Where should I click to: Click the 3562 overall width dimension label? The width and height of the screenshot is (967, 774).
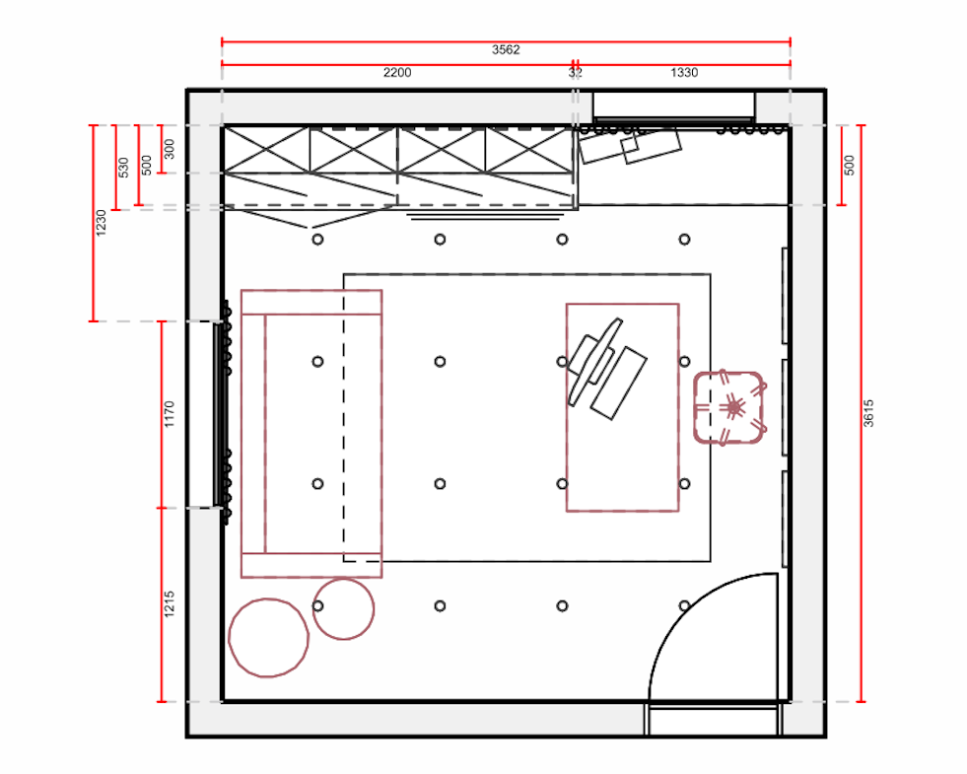pyautogui.click(x=506, y=50)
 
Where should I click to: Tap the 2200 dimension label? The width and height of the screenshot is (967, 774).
pyautogui.click(x=397, y=73)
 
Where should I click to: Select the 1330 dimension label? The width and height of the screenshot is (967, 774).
pyautogui.click(x=684, y=73)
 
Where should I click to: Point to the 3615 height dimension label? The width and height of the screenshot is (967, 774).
pyautogui.click(x=868, y=413)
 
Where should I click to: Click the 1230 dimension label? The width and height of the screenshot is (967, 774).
pyautogui.click(x=102, y=223)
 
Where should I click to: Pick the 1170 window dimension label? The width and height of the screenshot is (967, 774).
pyautogui.click(x=170, y=414)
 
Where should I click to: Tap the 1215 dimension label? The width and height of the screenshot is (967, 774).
pyautogui.click(x=170, y=604)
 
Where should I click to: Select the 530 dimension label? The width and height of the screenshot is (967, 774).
pyautogui.click(x=123, y=168)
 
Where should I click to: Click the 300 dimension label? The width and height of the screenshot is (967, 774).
pyautogui.click(x=170, y=149)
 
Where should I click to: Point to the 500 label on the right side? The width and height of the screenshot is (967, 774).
pyautogui.click(x=850, y=166)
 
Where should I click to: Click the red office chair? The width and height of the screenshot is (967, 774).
pyautogui.click(x=730, y=407)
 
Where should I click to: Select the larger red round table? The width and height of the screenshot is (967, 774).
pyautogui.click(x=268, y=638)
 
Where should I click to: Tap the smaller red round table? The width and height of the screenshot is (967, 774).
pyautogui.click(x=343, y=608)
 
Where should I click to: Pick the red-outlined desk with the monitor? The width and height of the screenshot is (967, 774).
pyautogui.click(x=623, y=407)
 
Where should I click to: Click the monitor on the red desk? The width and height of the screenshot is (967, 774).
pyautogui.click(x=595, y=361)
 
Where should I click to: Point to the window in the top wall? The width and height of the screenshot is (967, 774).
pyautogui.click(x=674, y=107)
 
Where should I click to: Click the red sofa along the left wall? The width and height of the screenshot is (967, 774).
pyautogui.click(x=311, y=434)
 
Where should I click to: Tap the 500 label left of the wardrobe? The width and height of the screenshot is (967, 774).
pyautogui.click(x=147, y=166)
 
